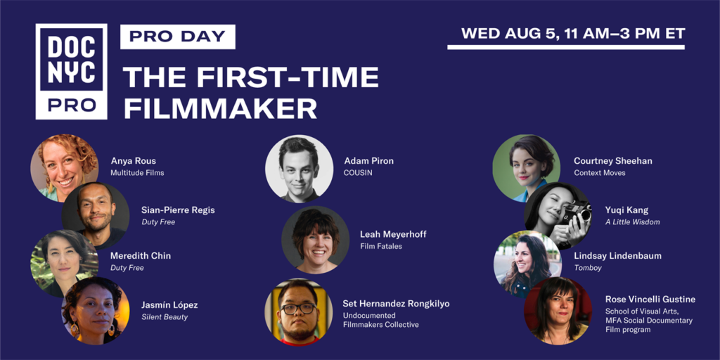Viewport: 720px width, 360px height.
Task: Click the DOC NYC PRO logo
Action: point(71,72)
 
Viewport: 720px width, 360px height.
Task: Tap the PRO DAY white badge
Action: point(178,37)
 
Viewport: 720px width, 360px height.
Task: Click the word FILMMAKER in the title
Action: point(220,109)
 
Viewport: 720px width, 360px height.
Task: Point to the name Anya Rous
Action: point(133,161)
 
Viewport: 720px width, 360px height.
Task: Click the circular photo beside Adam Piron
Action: point(300,169)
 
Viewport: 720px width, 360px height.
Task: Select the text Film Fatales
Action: point(382,247)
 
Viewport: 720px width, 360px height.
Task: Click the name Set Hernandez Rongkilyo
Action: point(396,304)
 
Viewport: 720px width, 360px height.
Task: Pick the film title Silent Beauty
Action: point(165,317)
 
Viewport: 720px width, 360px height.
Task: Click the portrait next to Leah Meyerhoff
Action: point(316,240)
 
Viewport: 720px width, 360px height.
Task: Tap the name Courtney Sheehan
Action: point(612,161)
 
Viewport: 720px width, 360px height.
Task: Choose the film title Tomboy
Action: point(587,268)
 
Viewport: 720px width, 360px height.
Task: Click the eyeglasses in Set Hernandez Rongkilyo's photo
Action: point(298,308)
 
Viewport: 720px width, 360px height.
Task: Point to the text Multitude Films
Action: point(137,173)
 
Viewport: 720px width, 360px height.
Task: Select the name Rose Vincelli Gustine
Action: point(650,300)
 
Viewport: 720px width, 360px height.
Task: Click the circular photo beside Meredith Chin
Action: point(65,264)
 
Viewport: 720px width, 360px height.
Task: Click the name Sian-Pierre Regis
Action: point(178,210)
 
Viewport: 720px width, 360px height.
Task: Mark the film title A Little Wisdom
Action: point(632,222)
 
